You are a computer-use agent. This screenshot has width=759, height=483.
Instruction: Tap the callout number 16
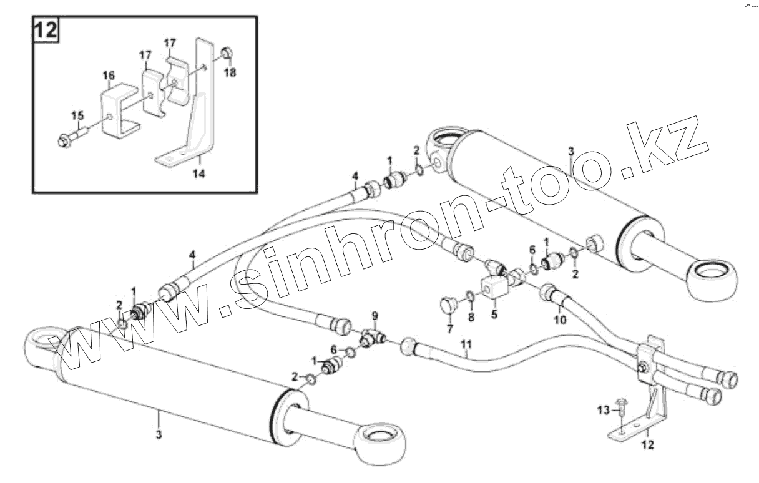click(x=109, y=76)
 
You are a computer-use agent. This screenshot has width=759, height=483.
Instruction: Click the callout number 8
click(x=471, y=316)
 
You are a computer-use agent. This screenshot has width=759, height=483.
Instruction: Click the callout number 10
click(x=560, y=320)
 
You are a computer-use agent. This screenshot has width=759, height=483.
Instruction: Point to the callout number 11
click(x=468, y=344)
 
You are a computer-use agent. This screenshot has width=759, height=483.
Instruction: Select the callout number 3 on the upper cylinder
click(x=570, y=152)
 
